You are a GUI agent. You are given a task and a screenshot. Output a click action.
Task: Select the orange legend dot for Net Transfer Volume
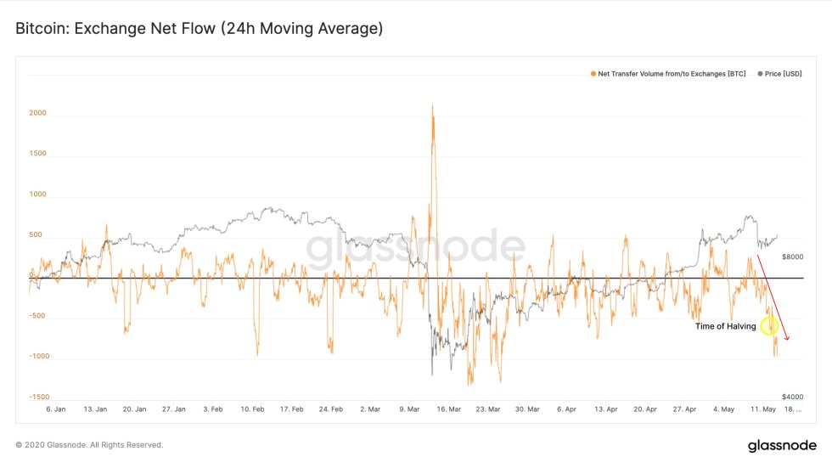coord(593,74)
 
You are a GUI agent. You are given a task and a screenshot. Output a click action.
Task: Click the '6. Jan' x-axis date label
coord(55,409)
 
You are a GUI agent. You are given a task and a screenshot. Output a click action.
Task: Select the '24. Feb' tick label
coord(329,409)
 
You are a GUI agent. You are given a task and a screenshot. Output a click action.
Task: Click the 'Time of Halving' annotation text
coord(725,325)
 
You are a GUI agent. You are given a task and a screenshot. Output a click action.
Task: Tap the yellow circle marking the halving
coord(769,324)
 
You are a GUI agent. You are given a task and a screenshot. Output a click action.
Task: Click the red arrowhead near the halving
coord(787,338)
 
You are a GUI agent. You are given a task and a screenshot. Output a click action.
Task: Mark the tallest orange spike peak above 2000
coord(433,106)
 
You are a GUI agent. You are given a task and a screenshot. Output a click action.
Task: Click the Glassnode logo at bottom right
coord(782,446)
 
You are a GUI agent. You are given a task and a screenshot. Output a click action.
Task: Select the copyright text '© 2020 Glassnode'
coord(89,445)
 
